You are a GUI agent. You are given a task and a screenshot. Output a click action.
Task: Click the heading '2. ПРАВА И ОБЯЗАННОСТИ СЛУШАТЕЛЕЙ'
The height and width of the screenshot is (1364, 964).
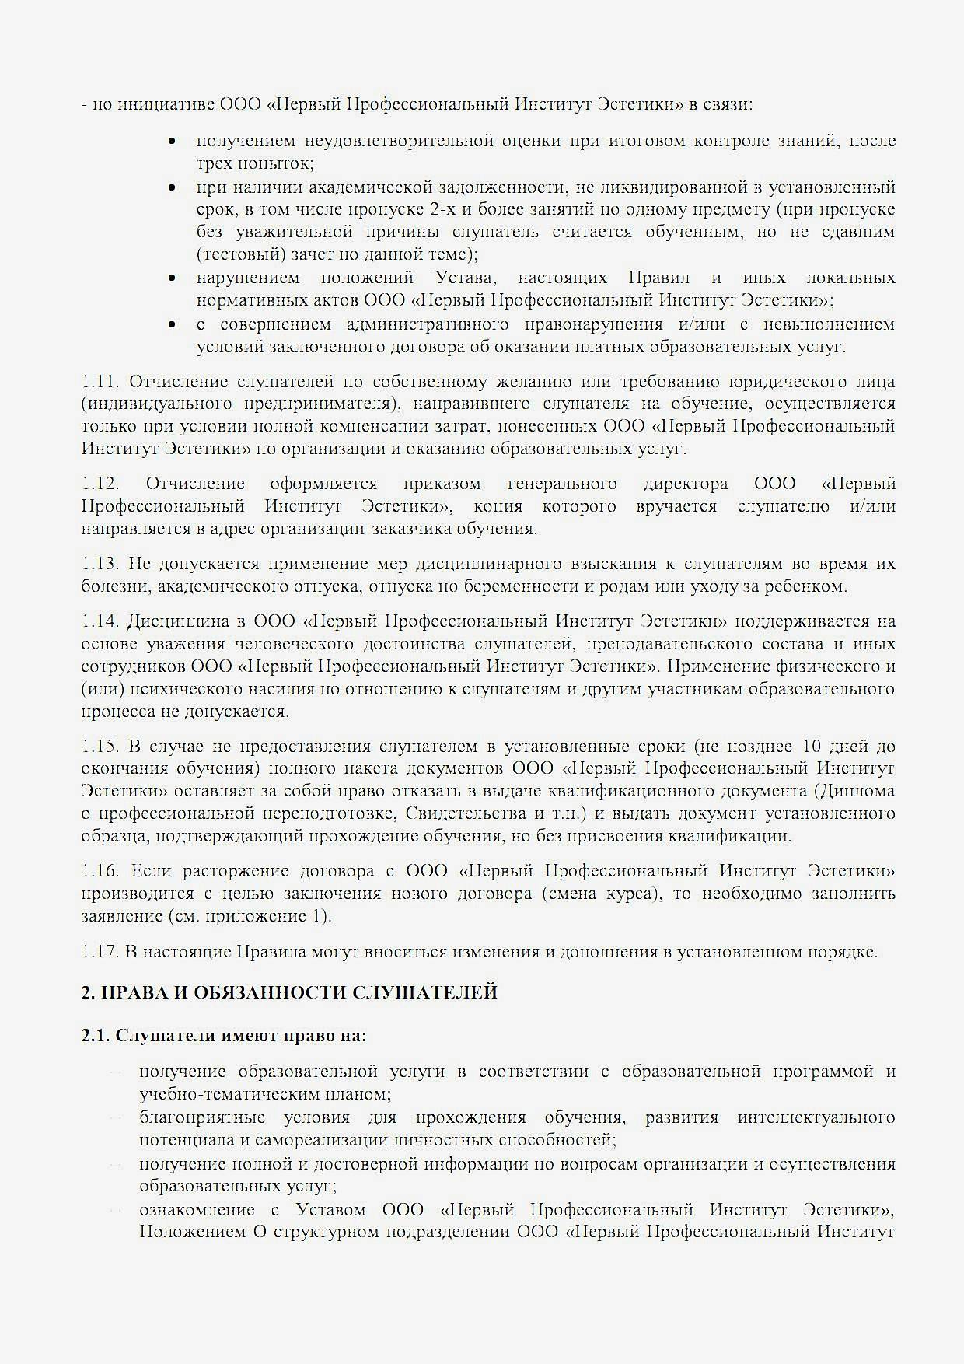point(289,993)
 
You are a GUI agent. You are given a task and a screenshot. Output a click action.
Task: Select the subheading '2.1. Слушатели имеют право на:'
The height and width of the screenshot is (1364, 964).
point(224,1036)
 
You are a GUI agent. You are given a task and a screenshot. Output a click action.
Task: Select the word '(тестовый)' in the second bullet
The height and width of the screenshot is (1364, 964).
point(232,254)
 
